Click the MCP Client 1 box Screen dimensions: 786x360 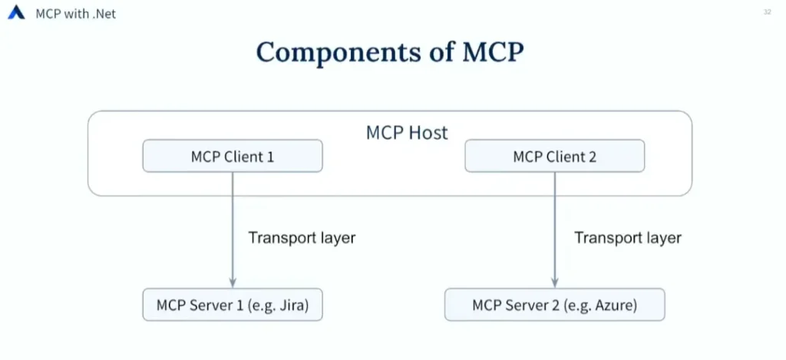point(233,156)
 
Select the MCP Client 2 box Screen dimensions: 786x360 point(555,156)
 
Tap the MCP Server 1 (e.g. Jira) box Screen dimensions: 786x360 point(233,305)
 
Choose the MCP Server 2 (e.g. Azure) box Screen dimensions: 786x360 point(555,305)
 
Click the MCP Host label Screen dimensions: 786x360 point(407,133)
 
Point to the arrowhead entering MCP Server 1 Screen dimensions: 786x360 point(233,283)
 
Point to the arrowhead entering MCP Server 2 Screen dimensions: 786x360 point(554,283)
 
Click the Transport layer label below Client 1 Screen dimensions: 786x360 point(302,238)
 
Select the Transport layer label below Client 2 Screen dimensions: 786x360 point(628,238)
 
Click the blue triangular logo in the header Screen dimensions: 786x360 point(16,12)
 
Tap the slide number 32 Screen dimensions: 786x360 point(767,12)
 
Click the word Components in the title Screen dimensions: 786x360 point(339,52)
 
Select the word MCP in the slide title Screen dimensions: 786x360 point(493,51)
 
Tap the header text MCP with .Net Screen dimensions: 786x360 point(76,14)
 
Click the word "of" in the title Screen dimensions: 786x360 point(441,51)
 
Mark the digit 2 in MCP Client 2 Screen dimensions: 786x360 point(592,157)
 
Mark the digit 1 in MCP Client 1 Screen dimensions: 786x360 point(270,157)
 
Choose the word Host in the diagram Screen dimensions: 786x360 point(428,133)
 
